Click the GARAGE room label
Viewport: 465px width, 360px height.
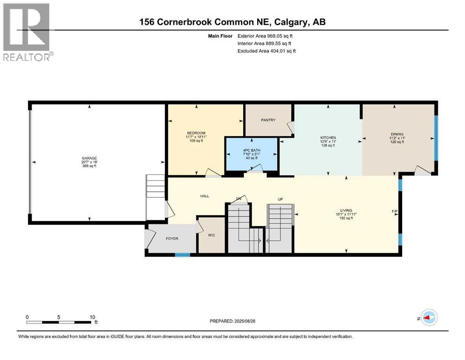coord(89,158)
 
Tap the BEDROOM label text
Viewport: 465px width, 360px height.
coord(196,133)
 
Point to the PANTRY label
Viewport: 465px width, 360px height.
coord(268,120)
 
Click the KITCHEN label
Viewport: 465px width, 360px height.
coord(328,138)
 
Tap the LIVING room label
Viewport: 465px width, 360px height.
coord(346,210)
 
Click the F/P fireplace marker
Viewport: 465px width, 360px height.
coord(394,211)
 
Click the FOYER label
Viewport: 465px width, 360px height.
coord(172,239)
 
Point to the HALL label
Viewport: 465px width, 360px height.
coord(205,196)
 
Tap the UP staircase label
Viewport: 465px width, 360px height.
coord(280,199)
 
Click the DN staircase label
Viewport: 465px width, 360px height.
coord(238,199)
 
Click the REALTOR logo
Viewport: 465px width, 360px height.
coord(27,32)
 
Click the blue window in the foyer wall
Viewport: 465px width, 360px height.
coord(183,255)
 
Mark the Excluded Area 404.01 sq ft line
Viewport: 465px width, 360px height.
coord(266,51)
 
